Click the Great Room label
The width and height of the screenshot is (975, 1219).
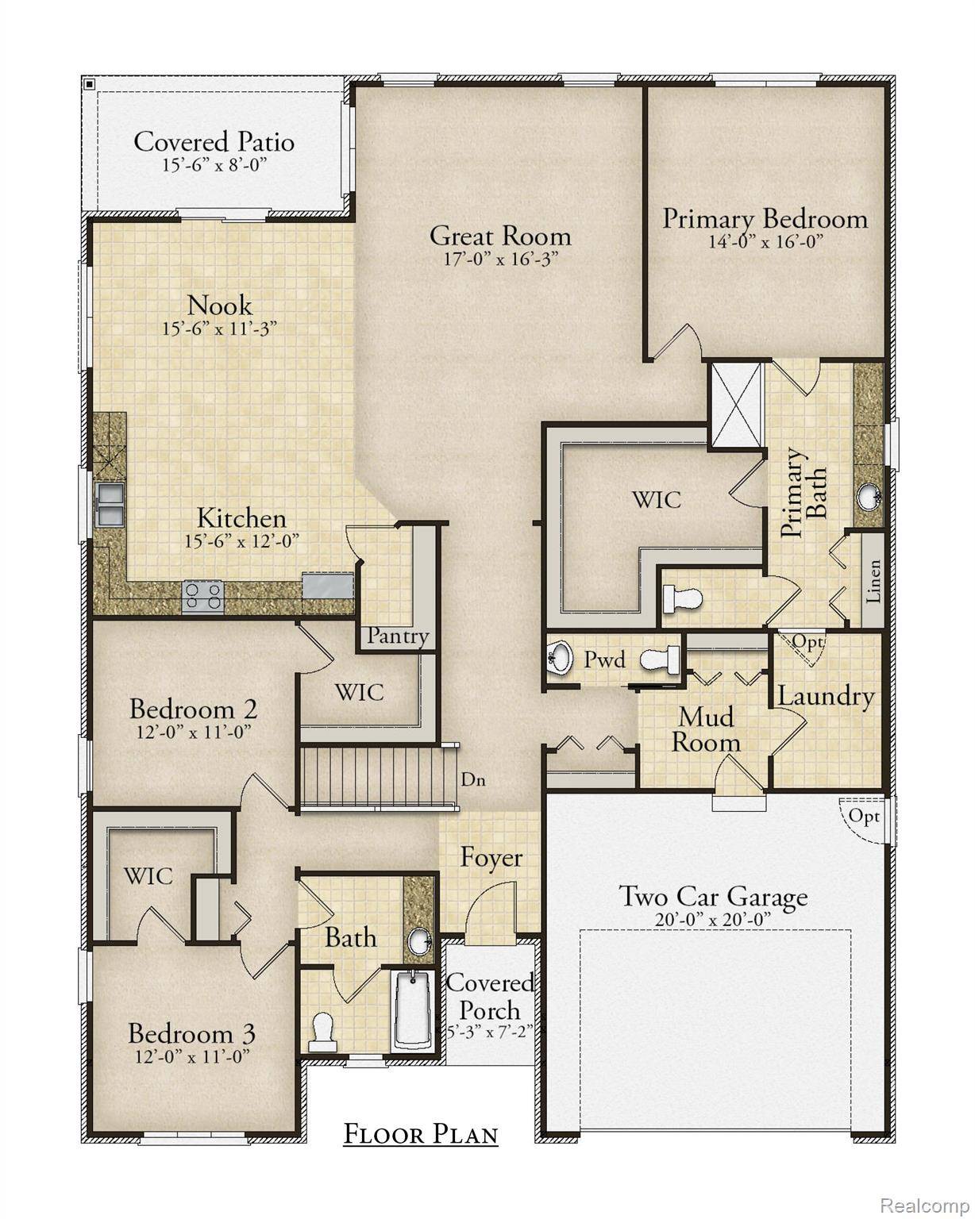point(499,236)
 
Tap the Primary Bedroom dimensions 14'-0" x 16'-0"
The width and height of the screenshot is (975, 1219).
point(765,241)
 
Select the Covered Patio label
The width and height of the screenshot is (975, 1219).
point(214,142)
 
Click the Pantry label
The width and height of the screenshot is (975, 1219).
point(398,636)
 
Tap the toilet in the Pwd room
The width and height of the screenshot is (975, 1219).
point(661,659)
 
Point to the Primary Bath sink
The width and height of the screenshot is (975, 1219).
point(869,496)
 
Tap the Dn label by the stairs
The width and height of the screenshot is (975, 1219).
point(473,779)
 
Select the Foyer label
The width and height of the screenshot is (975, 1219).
point(491,858)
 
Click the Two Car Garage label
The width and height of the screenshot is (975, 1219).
point(712,897)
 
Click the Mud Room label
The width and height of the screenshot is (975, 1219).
point(706,729)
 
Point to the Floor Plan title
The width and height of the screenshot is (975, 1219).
point(420,1134)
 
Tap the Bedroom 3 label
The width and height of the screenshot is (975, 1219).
point(191,1034)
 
